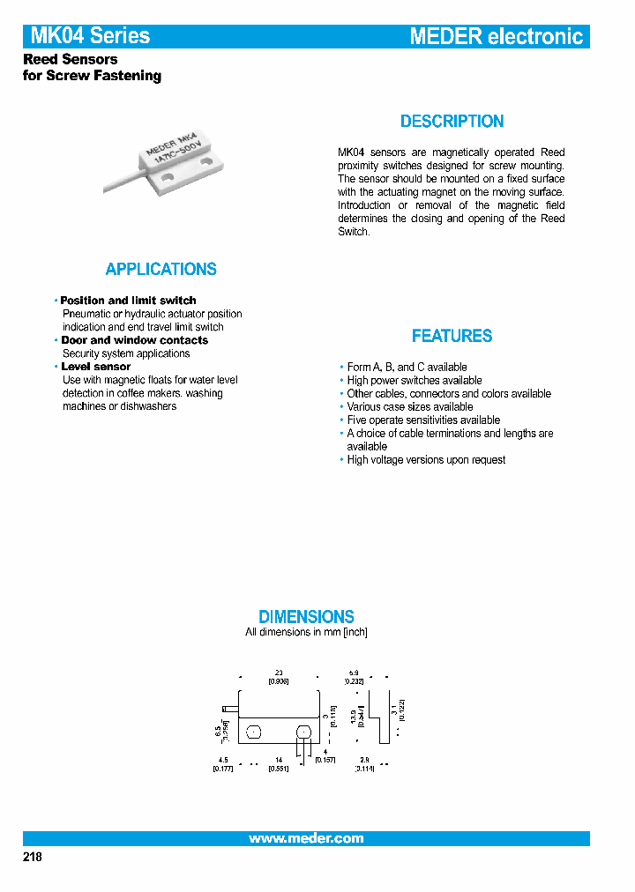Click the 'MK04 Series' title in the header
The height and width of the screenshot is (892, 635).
click(90, 36)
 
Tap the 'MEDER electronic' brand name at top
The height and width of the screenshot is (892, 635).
click(496, 36)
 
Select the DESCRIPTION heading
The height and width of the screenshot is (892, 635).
click(452, 122)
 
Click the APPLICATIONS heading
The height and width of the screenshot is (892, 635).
click(161, 270)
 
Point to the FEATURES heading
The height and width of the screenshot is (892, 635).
click(452, 336)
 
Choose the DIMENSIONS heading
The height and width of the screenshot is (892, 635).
click(306, 617)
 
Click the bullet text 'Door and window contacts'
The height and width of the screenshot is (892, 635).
click(134, 340)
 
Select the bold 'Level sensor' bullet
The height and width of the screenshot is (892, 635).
click(95, 367)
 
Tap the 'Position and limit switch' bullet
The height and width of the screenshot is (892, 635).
click(128, 301)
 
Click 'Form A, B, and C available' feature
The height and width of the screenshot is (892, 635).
click(407, 367)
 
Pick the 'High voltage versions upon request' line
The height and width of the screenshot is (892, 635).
click(426, 460)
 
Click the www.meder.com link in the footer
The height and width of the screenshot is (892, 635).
click(306, 838)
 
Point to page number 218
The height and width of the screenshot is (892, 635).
click(32, 858)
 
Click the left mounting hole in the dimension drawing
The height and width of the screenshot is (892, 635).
click(253, 732)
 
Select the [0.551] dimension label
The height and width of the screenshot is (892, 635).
click(278, 769)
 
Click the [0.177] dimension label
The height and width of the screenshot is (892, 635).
click(222, 769)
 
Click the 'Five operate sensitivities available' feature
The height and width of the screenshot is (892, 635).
click(423, 420)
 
